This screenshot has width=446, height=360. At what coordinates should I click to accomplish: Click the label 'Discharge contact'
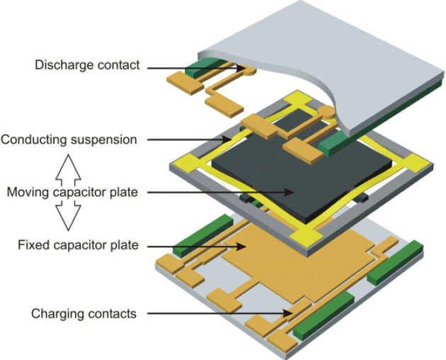[x=87, y=66]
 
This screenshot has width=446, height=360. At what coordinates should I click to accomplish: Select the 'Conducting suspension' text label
[x=69, y=139]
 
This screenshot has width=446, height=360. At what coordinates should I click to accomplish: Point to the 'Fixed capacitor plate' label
[x=77, y=245]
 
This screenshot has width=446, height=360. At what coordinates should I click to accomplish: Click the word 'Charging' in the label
[x=54, y=313]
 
